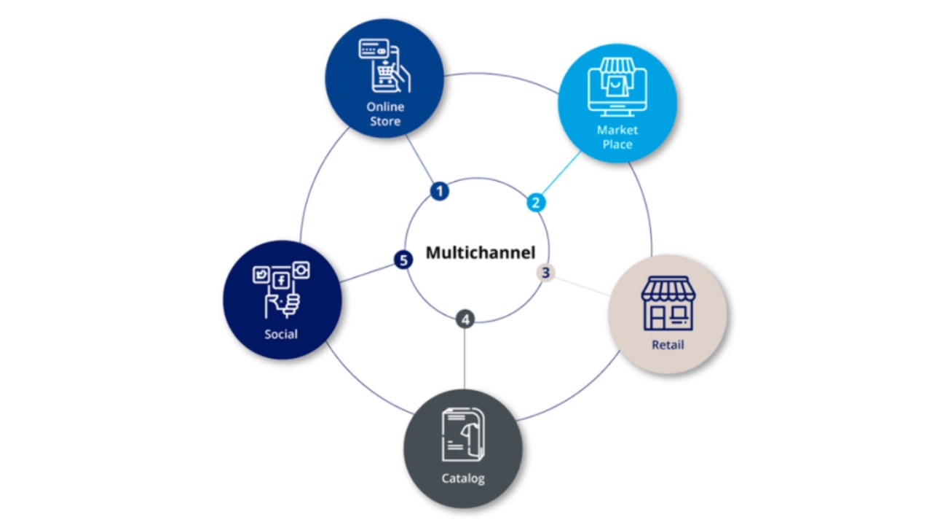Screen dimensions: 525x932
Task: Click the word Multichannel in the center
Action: click(x=480, y=253)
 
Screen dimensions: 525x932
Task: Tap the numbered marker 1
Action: click(x=438, y=191)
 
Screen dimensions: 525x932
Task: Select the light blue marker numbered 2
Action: click(x=536, y=202)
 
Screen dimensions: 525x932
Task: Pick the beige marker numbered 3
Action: click(x=545, y=273)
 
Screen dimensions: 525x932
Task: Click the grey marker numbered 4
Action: click(x=465, y=319)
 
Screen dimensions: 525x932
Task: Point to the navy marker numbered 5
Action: click(x=403, y=259)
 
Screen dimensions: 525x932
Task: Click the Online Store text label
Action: click(x=384, y=114)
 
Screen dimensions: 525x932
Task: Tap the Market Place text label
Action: click(x=617, y=137)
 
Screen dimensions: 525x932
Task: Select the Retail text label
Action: click(x=667, y=344)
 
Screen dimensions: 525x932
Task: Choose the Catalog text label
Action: click(x=462, y=479)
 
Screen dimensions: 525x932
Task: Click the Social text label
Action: click(x=281, y=334)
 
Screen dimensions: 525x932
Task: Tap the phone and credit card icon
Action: click(x=384, y=66)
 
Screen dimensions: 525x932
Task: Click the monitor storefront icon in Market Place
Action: click(x=617, y=86)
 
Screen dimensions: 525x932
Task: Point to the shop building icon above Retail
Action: click(x=668, y=303)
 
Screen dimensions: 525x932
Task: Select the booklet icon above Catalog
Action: click(x=462, y=435)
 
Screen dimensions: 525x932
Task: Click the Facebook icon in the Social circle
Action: click(x=280, y=280)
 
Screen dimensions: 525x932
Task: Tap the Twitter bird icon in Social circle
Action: click(x=261, y=275)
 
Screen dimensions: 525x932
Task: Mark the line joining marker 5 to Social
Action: click(x=367, y=271)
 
